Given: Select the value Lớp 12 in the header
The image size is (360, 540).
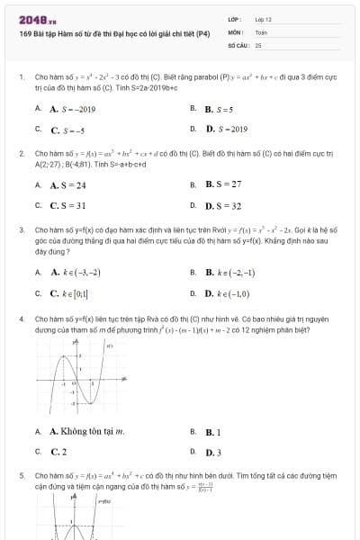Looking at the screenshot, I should point(263,19).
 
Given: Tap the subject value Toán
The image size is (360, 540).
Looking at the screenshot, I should point(261,31).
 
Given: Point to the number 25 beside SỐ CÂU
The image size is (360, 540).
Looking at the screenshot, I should point(258,44).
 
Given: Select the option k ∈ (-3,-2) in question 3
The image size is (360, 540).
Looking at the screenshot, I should point(76,272).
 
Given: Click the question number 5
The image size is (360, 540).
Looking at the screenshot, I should point(21,474).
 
